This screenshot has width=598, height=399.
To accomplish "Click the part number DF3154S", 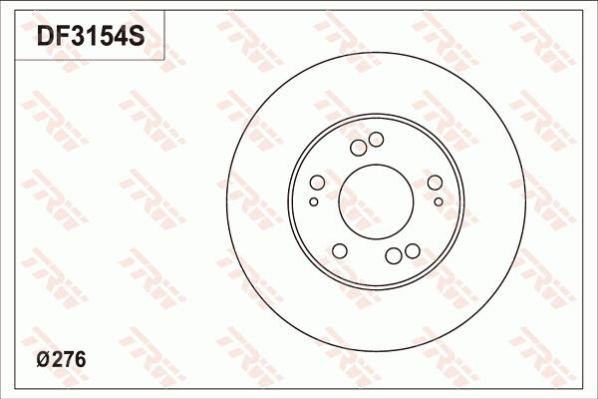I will (x=91, y=38).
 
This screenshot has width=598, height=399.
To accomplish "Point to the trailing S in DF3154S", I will (x=138, y=38).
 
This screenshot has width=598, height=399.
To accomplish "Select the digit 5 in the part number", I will (x=107, y=38).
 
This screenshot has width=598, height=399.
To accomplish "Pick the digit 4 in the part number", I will (x=122, y=38).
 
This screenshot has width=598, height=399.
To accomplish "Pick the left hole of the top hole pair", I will (x=358, y=148).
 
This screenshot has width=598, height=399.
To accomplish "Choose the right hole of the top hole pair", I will (x=376, y=139).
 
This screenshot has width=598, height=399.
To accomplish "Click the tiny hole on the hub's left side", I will (x=314, y=201).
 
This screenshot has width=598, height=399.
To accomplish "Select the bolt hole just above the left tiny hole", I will (x=317, y=183).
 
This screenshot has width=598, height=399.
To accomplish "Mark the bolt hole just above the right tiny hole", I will (x=435, y=182).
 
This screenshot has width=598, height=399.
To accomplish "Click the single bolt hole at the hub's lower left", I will (x=339, y=249).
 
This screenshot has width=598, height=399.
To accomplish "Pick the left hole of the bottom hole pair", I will (x=393, y=256).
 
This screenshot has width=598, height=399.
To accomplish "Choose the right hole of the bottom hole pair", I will (x=411, y=251).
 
